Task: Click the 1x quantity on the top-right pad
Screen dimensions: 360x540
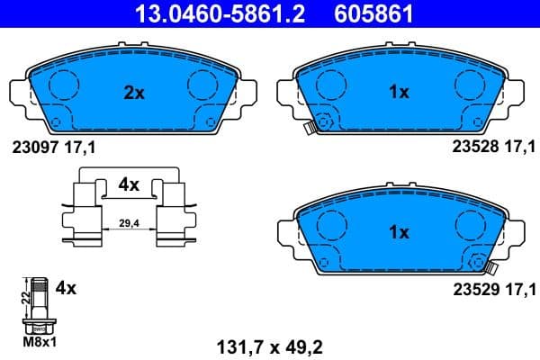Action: tap(398, 91)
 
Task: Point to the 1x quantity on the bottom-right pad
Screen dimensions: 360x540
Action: tap(398, 231)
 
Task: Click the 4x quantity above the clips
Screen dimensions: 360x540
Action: tap(129, 184)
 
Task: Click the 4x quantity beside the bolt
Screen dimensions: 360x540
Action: tap(65, 289)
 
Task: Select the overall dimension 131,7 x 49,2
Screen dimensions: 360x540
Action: tap(268, 342)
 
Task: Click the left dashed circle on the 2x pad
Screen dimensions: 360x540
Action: tap(62, 85)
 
